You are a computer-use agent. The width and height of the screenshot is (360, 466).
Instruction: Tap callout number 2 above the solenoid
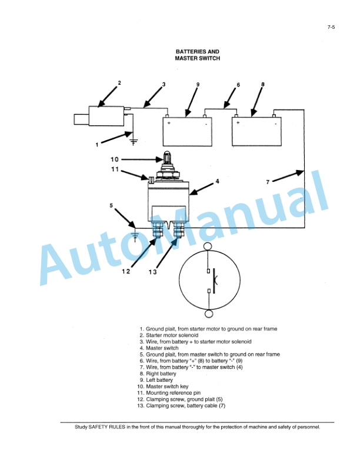click(x=119, y=82)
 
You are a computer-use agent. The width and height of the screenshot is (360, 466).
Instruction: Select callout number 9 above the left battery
click(x=198, y=85)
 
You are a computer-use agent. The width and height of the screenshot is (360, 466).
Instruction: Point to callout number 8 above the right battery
click(x=263, y=84)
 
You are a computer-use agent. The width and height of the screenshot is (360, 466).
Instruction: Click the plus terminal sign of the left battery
click(x=169, y=124)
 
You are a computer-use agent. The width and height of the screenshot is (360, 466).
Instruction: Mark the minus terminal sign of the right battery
click(x=275, y=124)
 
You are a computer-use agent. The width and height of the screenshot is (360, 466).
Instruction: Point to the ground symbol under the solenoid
click(x=134, y=141)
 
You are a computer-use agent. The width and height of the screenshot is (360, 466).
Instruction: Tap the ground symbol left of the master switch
click(x=136, y=235)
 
